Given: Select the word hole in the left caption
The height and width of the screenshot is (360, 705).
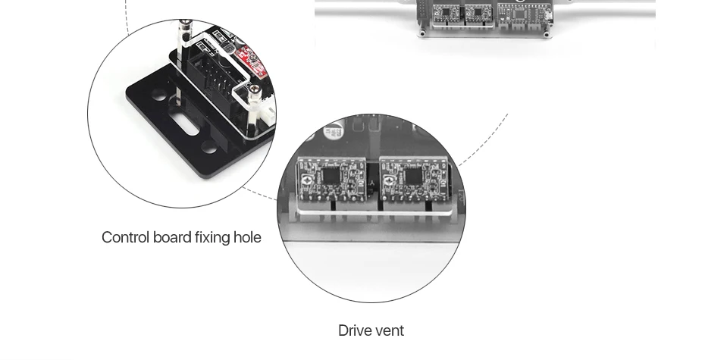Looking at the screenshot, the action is coord(247,237).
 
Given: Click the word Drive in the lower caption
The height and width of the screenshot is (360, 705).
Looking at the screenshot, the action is coord(351,330).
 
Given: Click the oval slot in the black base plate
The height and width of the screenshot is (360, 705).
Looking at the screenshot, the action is coord(186,125).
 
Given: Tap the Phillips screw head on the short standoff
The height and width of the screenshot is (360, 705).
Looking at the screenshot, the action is coord(255,89).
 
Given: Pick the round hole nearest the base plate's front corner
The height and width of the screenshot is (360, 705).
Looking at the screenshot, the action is coord(209,147).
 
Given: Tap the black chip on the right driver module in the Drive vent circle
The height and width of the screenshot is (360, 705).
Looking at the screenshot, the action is coord(412,176).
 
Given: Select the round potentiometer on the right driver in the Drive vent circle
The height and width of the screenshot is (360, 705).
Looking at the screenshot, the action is coord(388,181).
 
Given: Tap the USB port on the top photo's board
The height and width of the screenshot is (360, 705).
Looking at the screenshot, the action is coord(549,17).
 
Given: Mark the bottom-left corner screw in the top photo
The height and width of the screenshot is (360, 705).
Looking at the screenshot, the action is coord(423,33).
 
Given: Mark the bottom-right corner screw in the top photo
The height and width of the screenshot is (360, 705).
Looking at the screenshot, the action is coord(546,33).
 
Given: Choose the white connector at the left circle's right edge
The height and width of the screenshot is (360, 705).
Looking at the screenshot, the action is coord(269,116).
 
